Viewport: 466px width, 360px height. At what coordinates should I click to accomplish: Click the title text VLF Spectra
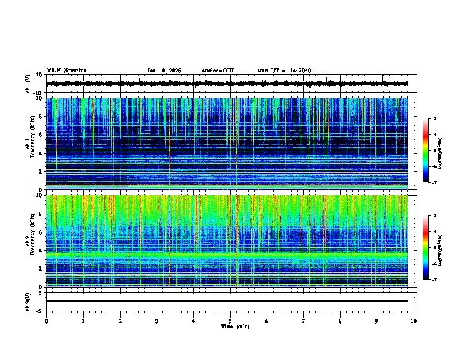coord(66,71)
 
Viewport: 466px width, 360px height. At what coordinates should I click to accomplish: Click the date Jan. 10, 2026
coord(164,71)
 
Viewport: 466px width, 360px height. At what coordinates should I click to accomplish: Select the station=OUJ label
coord(218,71)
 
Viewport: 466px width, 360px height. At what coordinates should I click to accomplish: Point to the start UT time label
coord(284,71)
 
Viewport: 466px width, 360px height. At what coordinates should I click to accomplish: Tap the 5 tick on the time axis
coord(230,321)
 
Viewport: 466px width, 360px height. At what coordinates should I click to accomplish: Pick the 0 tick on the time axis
coord(46,321)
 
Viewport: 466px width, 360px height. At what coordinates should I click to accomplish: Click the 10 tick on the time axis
coord(414,321)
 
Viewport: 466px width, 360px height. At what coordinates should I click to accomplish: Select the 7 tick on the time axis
coord(304,321)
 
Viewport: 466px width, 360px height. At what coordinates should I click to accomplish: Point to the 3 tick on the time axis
coord(157,321)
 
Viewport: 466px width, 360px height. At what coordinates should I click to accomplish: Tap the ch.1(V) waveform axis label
coord(28,84)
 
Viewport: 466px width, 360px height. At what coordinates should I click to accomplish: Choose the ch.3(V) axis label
coord(28,301)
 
